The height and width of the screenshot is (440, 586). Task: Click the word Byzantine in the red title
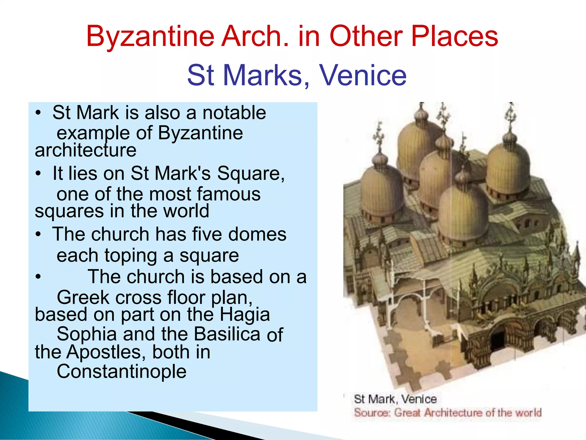(x=150, y=37)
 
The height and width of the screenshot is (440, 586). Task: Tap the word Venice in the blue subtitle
(x=363, y=75)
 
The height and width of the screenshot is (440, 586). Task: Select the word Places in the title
(x=455, y=37)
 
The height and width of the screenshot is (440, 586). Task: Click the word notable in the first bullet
(x=234, y=113)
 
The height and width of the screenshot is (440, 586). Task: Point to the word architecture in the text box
(x=86, y=150)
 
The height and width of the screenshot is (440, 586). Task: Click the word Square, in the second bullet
(x=251, y=173)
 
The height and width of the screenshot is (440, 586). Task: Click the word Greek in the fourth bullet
(x=83, y=297)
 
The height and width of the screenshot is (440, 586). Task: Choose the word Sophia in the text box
(x=87, y=334)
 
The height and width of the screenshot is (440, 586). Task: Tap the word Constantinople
(x=122, y=371)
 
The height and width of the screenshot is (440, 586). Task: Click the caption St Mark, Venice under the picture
(x=395, y=399)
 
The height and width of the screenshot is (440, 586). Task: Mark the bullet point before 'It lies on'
(x=38, y=174)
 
